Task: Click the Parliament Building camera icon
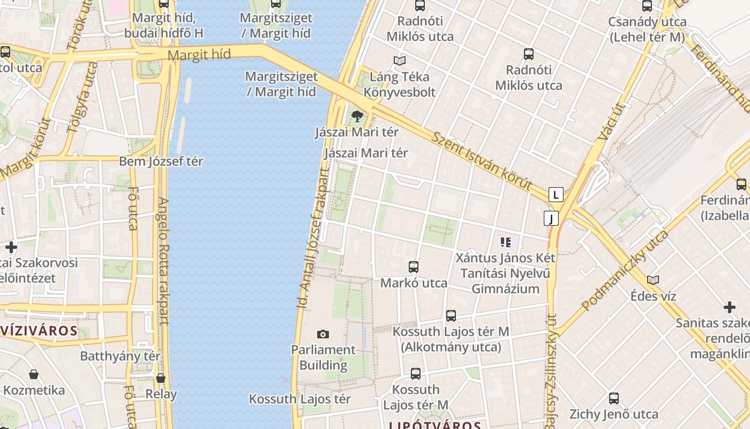point(322,335)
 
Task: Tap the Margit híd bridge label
point(199,55)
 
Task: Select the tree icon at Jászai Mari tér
point(356,116)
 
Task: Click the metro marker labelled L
point(556,194)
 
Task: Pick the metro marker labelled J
point(551,218)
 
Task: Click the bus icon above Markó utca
point(413,267)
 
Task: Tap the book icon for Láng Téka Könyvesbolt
point(399,61)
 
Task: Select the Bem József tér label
point(161,161)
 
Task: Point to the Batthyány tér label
point(120,356)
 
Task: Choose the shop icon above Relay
point(161,378)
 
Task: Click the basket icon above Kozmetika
point(34,374)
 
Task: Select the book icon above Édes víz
point(653,280)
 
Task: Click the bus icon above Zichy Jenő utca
point(614,398)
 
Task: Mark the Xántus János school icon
point(505,242)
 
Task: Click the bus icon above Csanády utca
point(647,6)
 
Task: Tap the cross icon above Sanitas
point(729,307)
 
